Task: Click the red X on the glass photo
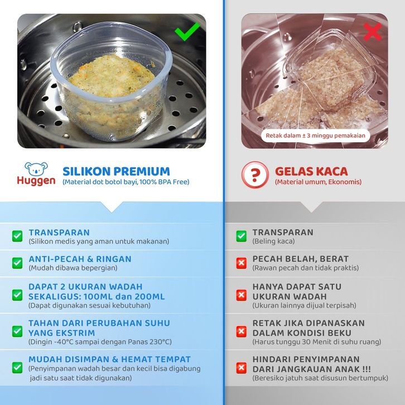point(372,31)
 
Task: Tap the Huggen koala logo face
point(36,168)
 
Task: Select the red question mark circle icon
point(255,175)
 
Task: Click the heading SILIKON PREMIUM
point(116,171)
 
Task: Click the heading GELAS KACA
point(311,171)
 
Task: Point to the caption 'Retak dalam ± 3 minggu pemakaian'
point(315,136)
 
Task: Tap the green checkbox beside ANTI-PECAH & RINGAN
point(17,263)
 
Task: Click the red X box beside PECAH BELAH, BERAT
point(241,263)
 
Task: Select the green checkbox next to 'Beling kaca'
point(241,236)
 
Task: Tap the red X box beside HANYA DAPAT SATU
point(241,295)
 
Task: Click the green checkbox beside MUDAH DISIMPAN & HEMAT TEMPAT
point(17,368)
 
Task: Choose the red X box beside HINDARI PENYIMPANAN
point(241,368)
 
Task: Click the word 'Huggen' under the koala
point(36,181)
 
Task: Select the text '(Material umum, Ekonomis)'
point(318,182)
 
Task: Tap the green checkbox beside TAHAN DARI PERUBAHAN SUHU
point(17,331)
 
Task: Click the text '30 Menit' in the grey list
point(311,342)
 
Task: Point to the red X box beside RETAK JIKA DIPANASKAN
point(241,331)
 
